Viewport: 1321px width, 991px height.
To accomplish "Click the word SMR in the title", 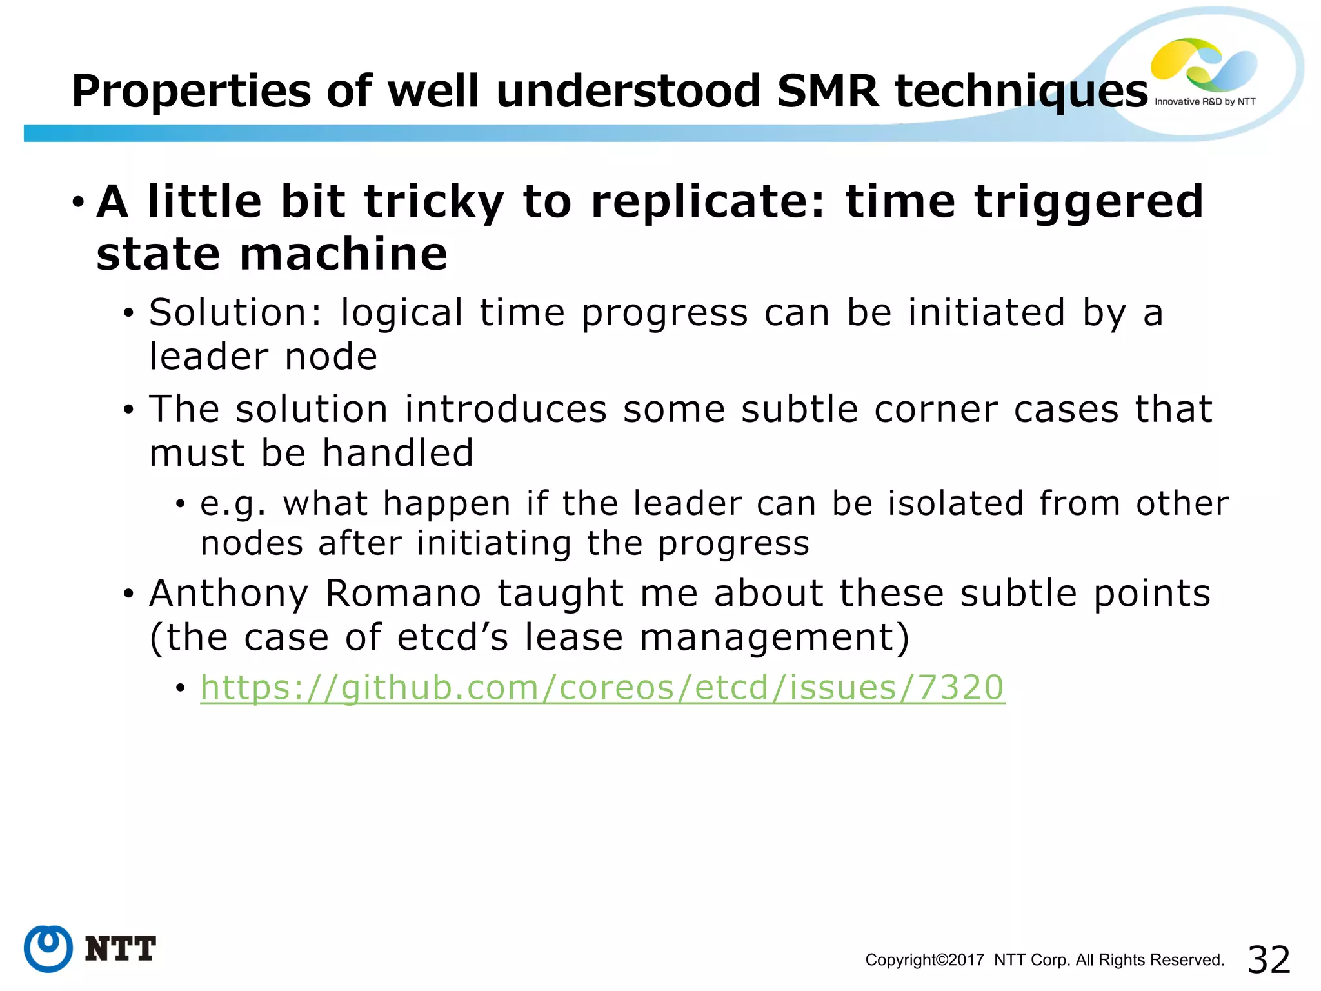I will click(828, 91).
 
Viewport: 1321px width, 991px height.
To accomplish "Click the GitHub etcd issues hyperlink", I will click(602, 688).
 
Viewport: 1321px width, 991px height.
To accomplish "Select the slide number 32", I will click(1269, 959).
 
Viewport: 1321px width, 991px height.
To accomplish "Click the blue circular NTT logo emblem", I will click(48, 948).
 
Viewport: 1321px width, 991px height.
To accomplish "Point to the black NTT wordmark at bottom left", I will click(121, 949).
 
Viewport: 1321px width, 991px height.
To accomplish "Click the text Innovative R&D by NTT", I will click(1204, 102).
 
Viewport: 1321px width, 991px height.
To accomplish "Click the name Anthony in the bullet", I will click(229, 594).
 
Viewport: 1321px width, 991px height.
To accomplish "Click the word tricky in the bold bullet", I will click(434, 203).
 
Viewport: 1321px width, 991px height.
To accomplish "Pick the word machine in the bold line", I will click(343, 254).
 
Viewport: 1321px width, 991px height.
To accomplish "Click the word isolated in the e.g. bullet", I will click(956, 503).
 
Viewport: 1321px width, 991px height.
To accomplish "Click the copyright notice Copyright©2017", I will click(924, 960).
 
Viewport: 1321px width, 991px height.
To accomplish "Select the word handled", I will click(398, 453).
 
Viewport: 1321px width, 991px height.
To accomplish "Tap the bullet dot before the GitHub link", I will click(181, 688).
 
